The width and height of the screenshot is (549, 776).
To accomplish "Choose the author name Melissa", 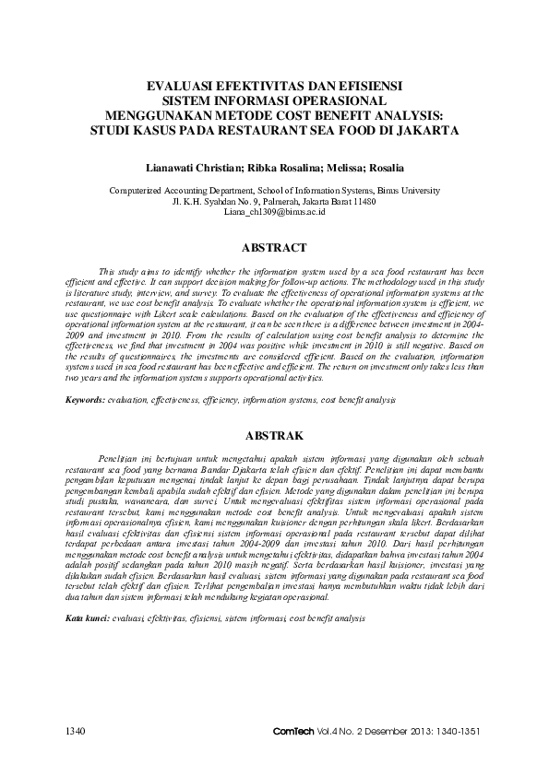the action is click(x=342, y=168).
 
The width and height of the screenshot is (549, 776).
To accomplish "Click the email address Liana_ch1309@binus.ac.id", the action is click(x=274, y=211).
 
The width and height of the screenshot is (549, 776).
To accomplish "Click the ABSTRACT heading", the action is click(x=274, y=248).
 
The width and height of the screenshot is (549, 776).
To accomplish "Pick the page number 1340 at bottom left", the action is click(x=75, y=733).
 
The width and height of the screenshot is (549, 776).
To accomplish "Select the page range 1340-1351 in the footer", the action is click(x=458, y=733).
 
